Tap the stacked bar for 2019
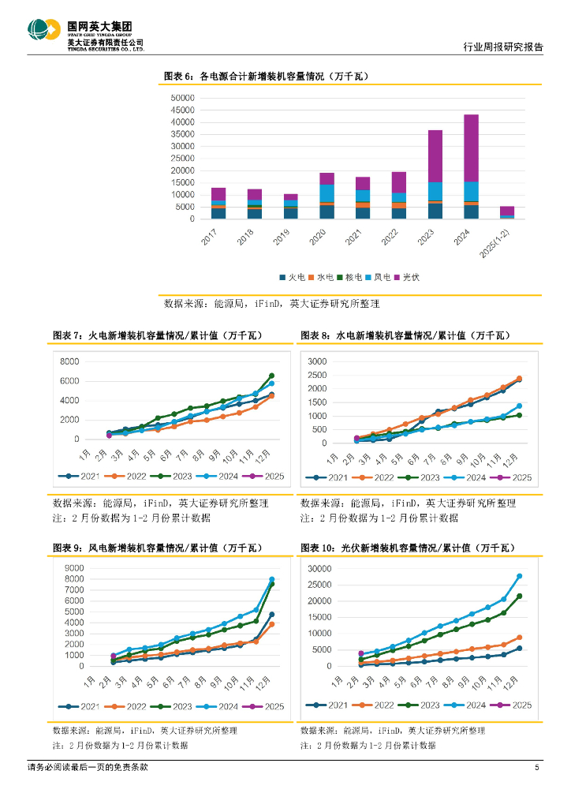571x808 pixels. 291,207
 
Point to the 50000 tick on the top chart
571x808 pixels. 182,98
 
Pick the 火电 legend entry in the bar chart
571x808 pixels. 293,277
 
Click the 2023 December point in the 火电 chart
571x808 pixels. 271,376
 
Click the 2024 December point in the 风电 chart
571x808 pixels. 272,580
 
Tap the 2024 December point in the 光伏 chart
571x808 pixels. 520,576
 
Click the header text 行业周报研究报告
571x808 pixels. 502,47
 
